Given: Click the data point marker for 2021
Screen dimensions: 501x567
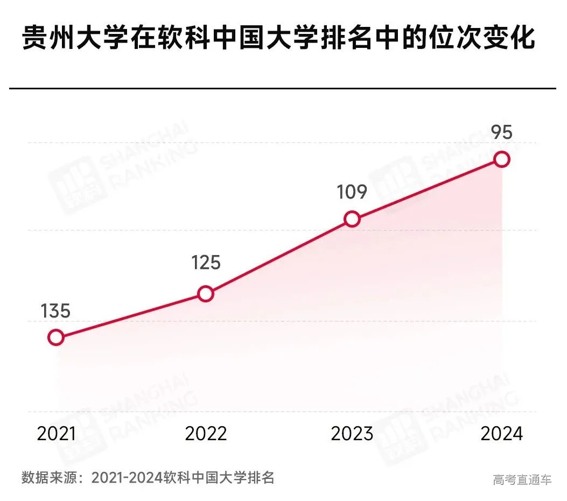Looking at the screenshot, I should coord(56,337).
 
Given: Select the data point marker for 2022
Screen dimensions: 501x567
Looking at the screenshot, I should coord(205,294).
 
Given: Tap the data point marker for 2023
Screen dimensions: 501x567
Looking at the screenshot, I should coord(352,219).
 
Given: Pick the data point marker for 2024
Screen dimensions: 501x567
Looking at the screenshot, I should coord(502,159).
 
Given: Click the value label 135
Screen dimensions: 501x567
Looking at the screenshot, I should coord(55,311).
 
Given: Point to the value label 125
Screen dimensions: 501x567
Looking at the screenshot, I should coord(206,263).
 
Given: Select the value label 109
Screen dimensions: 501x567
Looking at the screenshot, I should coord(352,192).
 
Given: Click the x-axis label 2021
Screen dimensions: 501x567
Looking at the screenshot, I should coord(57,434).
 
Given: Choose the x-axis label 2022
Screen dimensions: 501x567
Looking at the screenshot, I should coord(206,434).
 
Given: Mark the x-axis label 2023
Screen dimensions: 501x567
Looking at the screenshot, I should coord(352,434).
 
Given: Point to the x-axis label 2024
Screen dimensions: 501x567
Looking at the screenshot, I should coord(501,434).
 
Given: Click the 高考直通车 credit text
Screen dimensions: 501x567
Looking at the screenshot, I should coord(522,479).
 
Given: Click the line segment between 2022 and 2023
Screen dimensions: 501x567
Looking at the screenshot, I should coord(278,257).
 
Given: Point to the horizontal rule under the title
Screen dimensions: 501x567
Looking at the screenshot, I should coord(283,88).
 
